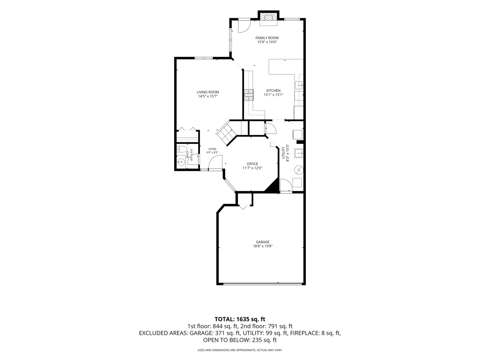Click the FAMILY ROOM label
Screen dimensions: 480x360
(267, 38)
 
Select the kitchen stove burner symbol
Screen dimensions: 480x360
(249, 95)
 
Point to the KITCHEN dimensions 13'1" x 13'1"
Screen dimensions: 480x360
(273, 95)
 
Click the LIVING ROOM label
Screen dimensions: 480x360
(208, 92)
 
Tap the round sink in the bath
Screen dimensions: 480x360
(181, 162)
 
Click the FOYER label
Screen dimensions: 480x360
(212, 149)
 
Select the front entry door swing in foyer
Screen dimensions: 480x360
(215, 162)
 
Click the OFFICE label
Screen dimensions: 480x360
(252, 164)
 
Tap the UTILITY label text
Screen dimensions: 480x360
(283, 153)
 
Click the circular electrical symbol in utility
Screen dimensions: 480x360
(299, 170)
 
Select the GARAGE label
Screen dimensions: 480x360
(263, 242)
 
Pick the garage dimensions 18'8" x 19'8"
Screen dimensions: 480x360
(263, 246)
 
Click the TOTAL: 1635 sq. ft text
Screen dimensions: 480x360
(240, 319)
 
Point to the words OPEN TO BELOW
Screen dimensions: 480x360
(227, 340)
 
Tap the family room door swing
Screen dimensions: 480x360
(244, 26)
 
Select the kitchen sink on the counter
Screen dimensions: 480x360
(299, 85)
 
